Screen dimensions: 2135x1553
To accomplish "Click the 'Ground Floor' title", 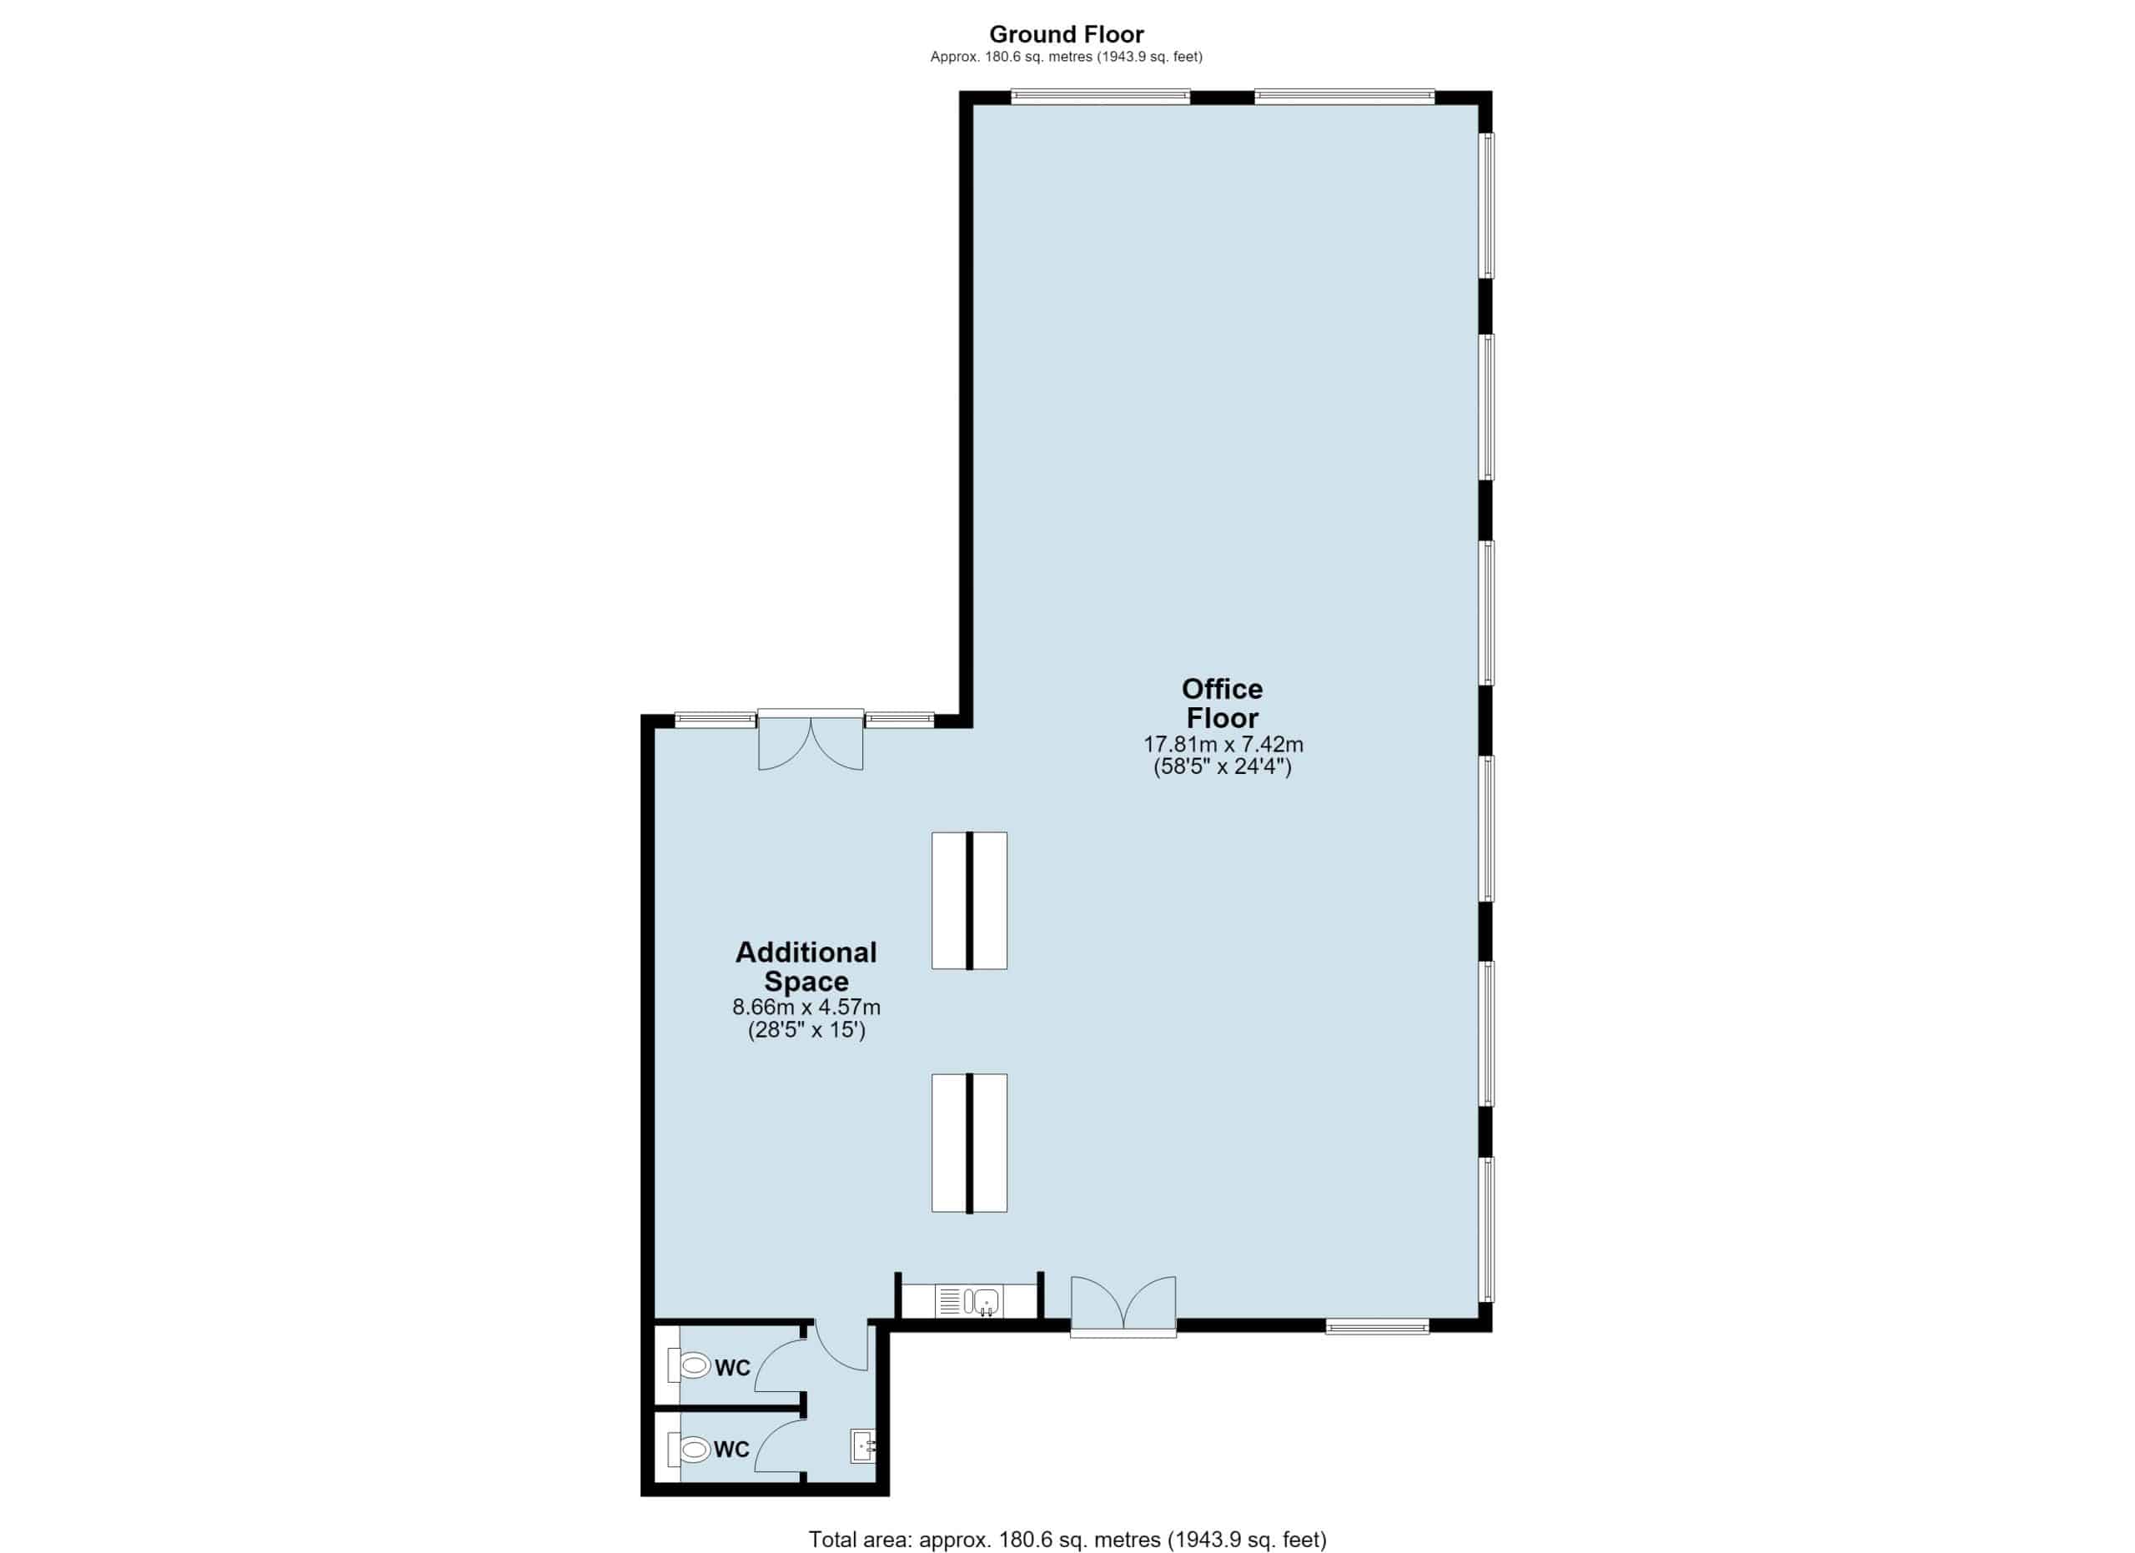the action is pyautogui.click(x=1067, y=35).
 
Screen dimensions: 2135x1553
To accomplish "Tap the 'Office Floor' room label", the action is pyautogui.click(x=1222, y=703).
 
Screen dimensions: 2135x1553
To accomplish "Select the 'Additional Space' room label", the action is pyautogui.click(x=806, y=967).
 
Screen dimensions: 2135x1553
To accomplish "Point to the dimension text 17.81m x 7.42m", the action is pyautogui.click(x=1223, y=745).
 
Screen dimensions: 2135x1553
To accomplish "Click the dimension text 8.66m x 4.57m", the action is pyautogui.click(x=806, y=1007).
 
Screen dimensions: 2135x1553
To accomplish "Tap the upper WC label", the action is pyautogui.click(x=732, y=1368).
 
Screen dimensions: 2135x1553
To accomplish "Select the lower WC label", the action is pyautogui.click(x=731, y=1450).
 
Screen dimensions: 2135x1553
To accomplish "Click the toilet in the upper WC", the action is pyautogui.click(x=689, y=1365).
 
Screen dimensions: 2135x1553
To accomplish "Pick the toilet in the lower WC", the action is pyautogui.click(x=689, y=1449).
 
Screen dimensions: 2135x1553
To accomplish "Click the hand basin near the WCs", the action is pyautogui.click(x=863, y=1445).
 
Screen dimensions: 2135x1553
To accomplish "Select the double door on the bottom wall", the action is pyautogui.click(x=1123, y=1306).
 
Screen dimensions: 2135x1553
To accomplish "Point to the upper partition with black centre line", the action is pyautogui.click(x=970, y=900).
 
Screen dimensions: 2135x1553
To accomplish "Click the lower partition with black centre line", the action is pyautogui.click(x=970, y=1143).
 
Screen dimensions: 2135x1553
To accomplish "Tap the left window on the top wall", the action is pyautogui.click(x=1101, y=96).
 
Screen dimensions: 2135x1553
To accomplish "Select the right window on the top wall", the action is pyautogui.click(x=1345, y=96).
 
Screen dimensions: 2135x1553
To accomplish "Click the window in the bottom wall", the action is pyautogui.click(x=1377, y=1326).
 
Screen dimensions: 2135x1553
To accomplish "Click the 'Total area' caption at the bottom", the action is pyautogui.click(x=1067, y=1540).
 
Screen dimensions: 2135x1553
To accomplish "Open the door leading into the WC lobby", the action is pyautogui.click(x=841, y=1346).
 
